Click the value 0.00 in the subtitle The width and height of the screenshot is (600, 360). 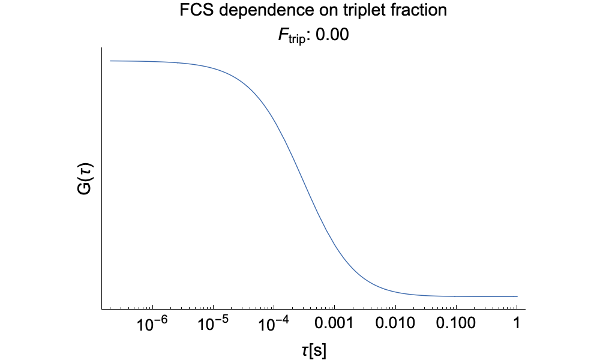point(332,35)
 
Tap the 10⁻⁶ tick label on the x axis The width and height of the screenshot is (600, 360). point(152,325)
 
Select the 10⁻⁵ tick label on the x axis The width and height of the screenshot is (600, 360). point(213,325)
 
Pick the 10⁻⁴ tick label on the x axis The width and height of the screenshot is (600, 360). point(274,325)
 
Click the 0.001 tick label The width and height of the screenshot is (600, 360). point(334,325)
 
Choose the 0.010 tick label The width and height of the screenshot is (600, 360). point(395,325)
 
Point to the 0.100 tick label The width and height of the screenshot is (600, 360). point(455,325)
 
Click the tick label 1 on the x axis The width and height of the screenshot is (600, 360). point(517,325)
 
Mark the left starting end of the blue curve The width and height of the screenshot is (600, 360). point(110,61)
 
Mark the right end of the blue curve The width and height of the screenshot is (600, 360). point(517,296)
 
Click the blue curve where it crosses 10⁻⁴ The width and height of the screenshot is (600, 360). point(274,118)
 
